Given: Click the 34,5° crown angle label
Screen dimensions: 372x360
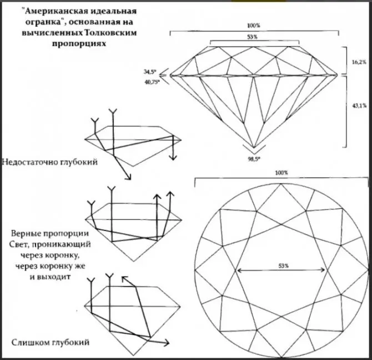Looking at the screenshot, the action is point(150,72).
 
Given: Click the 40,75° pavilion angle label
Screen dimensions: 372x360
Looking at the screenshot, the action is point(152,82).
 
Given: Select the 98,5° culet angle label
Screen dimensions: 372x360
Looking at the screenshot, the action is point(254,159).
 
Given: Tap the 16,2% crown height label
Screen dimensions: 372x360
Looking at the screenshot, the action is point(359,63).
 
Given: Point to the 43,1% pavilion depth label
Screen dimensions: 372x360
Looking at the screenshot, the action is point(359,106).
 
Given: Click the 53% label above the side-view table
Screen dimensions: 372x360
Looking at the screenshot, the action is point(252,37).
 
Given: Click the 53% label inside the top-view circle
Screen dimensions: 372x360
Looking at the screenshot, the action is point(284,266).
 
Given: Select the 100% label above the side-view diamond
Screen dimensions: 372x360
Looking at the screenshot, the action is point(253,26).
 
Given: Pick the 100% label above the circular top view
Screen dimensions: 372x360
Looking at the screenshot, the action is point(281,173).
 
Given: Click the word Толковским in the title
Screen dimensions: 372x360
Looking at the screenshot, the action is point(110,33).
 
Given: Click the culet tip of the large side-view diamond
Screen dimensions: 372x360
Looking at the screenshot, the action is point(254,147).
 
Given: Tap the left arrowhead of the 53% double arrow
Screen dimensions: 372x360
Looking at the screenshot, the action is point(238,270).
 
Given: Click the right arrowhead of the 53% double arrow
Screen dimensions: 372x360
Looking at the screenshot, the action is point(324,270).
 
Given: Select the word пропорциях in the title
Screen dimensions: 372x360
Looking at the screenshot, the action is point(79,44).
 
